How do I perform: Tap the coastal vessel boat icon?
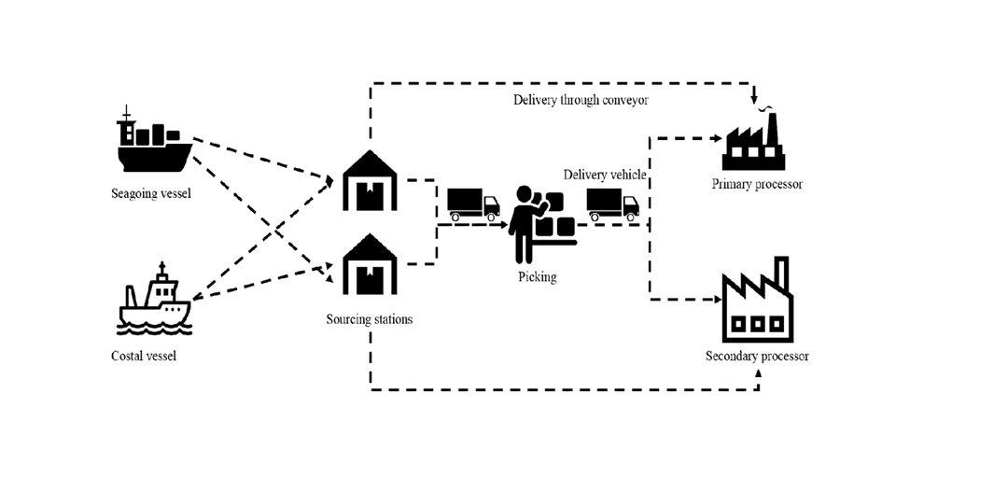(x=155, y=301)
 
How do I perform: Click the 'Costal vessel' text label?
(x=144, y=356)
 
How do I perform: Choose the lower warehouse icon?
(x=370, y=265)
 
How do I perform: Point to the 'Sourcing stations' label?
(x=369, y=319)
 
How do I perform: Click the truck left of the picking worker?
(x=473, y=204)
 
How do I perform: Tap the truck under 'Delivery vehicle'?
(x=612, y=204)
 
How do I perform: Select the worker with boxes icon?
(x=540, y=225)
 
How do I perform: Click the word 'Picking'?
(x=537, y=277)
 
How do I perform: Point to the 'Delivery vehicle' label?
(x=605, y=175)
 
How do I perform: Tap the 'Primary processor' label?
(x=757, y=184)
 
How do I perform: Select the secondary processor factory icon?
(x=757, y=302)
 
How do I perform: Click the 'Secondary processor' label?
(x=757, y=356)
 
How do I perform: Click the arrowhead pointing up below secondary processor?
(x=758, y=373)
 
